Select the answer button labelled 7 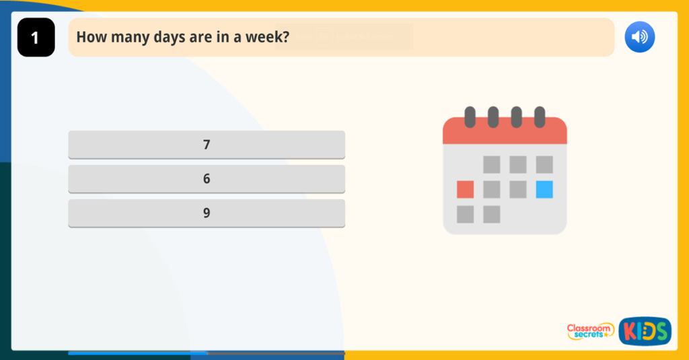point(207,144)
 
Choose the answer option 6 point(207,178)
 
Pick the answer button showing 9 point(207,213)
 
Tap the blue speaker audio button point(639,37)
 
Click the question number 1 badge point(36,38)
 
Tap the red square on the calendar point(465,189)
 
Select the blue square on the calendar point(544,189)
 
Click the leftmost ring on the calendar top point(470,117)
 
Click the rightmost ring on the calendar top point(539,117)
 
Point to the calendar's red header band point(505,133)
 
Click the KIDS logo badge point(645,331)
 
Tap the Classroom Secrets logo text point(590,330)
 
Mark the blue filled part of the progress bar point(137,353)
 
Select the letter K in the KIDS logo point(629,331)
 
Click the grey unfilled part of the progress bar point(276,353)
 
